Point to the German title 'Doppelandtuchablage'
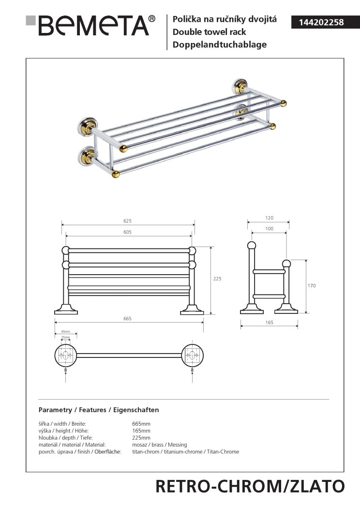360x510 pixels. click(216, 45)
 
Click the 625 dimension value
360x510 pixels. click(127, 221)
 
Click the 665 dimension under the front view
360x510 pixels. click(127, 319)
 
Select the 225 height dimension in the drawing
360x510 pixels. click(217, 279)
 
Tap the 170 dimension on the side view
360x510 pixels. click(312, 286)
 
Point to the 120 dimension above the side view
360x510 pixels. click(269, 218)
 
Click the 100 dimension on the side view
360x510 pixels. click(269, 229)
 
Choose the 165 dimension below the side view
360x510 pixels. click(269, 322)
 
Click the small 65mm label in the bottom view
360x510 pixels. click(65, 332)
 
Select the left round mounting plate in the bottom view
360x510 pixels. click(66, 355)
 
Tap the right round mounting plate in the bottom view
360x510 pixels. click(193, 355)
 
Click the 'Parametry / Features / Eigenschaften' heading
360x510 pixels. click(98, 410)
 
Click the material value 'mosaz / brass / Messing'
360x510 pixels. click(159, 445)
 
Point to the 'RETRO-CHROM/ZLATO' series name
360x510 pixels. click(250, 486)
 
